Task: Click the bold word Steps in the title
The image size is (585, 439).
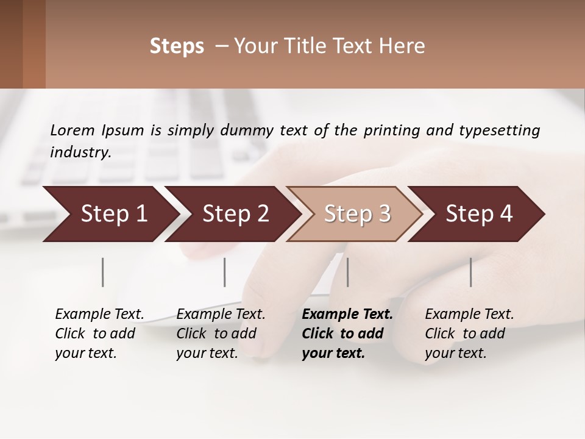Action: (177, 46)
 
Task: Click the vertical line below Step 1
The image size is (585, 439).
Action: (103, 272)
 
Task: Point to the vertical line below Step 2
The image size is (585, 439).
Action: (225, 272)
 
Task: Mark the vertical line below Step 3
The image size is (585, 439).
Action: (347, 272)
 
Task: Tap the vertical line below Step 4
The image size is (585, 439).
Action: (470, 272)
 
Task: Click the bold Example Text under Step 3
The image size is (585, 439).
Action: (347, 315)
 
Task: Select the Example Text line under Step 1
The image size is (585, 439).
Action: (99, 315)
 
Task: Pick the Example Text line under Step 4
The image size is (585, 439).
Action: (469, 315)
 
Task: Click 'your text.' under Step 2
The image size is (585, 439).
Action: (207, 354)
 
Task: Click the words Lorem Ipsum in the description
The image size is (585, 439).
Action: (97, 130)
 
